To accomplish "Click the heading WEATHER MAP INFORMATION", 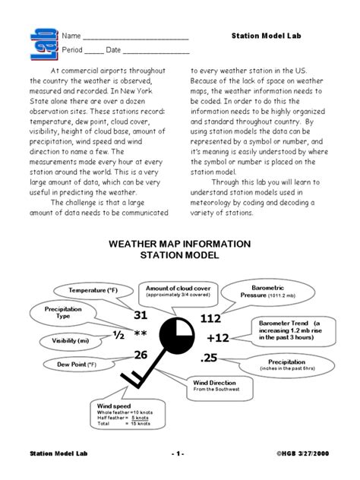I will coord(178,244).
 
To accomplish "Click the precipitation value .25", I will coord(210,358).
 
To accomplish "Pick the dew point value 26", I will coord(141,355).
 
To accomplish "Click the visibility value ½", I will coord(118,335).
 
